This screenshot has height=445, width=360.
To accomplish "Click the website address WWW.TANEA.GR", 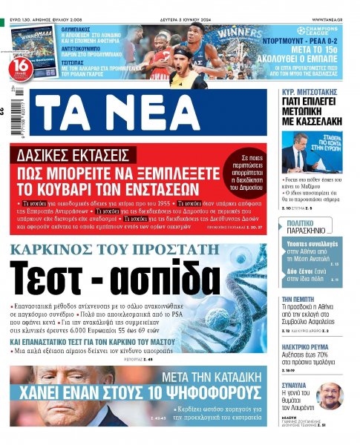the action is [x=332, y=19].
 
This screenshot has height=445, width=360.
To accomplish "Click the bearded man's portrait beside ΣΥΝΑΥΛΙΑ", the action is [x=330, y=395].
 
